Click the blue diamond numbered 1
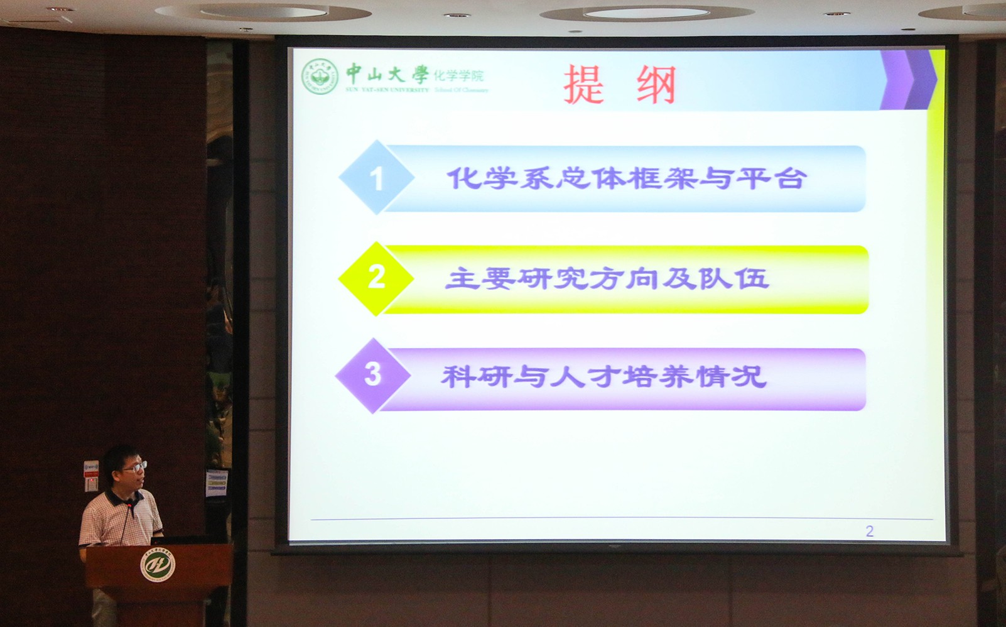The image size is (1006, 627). click(x=376, y=178)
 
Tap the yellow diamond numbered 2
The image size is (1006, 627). click(x=376, y=277)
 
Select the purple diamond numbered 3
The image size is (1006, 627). click(x=373, y=374)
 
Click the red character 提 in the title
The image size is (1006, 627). click(x=584, y=84)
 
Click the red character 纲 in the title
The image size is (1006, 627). click(x=656, y=84)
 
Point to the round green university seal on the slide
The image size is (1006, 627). click(x=320, y=77)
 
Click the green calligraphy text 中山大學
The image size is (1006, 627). click(x=386, y=74)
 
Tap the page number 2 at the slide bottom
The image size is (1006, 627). click(x=869, y=532)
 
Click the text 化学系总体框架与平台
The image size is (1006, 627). click(x=625, y=178)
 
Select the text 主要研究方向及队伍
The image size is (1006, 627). click(x=607, y=278)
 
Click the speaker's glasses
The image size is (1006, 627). click(x=135, y=466)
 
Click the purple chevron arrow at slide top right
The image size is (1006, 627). click(x=908, y=80)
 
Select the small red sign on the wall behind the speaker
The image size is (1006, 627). click(x=91, y=483)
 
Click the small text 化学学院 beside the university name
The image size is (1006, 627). click(x=459, y=76)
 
